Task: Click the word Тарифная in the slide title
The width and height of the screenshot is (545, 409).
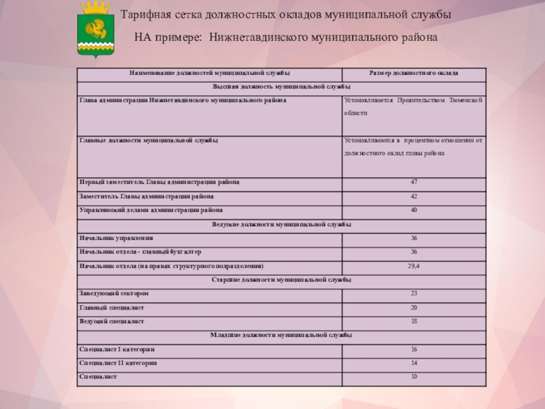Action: [x=145, y=15]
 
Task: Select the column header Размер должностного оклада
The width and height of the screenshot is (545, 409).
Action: [x=414, y=73]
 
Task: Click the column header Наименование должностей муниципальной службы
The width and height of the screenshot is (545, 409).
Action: [x=211, y=73]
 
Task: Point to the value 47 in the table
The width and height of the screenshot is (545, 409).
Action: [x=414, y=183]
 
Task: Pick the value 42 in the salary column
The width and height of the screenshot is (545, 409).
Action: [x=414, y=196]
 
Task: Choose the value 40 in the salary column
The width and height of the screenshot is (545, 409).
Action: [x=414, y=210]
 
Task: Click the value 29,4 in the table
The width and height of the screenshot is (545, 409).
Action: [x=414, y=266]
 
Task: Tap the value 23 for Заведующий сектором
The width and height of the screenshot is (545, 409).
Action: [x=414, y=294]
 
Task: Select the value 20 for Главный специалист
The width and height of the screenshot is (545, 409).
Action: [x=414, y=307]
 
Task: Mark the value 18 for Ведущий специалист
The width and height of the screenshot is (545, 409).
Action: [x=414, y=321]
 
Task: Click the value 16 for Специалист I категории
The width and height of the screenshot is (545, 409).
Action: [x=414, y=350]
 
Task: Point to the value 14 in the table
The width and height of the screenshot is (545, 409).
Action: [x=414, y=363]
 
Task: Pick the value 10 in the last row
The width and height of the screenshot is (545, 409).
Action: [x=414, y=376]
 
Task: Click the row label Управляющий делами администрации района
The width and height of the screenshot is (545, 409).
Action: [x=151, y=210]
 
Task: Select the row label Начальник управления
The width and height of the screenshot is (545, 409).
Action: [x=116, y=238]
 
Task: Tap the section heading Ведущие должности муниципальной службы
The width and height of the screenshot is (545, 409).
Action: [x=282, y=224]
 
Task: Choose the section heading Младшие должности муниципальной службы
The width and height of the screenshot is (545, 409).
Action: [x=282, y=335]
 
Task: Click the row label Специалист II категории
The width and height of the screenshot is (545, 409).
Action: [x=119, y=363]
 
